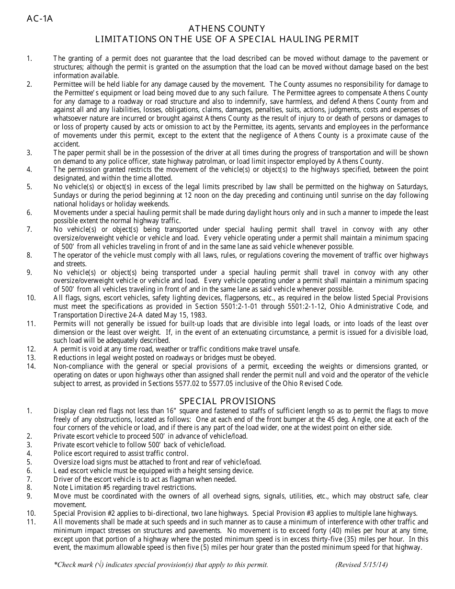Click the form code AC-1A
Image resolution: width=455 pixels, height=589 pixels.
40,19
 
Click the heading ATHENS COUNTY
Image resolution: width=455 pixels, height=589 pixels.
227,29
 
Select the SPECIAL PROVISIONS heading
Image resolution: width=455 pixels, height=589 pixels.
227,401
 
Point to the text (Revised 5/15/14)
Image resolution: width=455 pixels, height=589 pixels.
362,565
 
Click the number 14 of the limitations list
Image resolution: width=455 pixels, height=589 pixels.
31,367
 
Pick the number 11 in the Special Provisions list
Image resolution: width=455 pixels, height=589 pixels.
31,522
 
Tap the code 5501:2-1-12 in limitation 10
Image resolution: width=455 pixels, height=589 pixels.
299,306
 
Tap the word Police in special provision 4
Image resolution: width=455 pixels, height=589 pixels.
63,453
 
